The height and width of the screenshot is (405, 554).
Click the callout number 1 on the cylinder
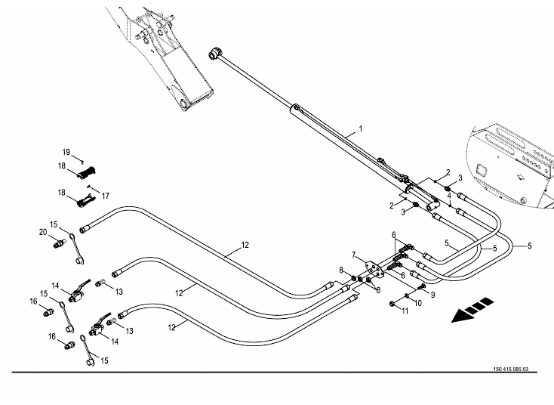(360, 129)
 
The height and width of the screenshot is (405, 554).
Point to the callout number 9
(432, 294)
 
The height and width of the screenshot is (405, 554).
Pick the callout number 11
(405, 311)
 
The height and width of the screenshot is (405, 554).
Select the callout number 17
(105, 195)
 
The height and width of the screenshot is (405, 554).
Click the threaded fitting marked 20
(59, 245)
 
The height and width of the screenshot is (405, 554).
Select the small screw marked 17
(89, 187)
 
